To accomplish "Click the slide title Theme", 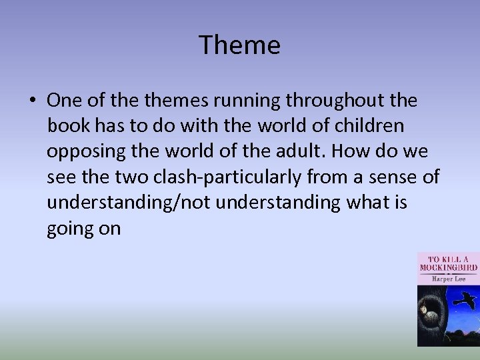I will pyautogui.click(x=240, y=45).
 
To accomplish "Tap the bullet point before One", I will pyautogui.click(x=32, y=100).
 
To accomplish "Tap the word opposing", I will pyautogui.click(x=87, y=151).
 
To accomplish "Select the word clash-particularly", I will pyautogui.click(x=245, y=177).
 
